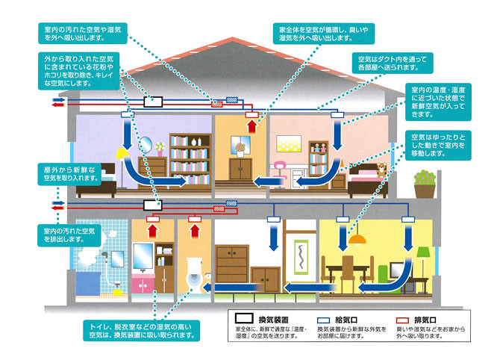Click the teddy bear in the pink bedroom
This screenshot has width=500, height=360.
[x=381, y=170]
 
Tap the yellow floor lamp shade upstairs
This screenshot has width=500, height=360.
[x=119, y=153]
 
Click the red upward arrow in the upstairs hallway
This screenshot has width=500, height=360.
[x=251, y=126]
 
